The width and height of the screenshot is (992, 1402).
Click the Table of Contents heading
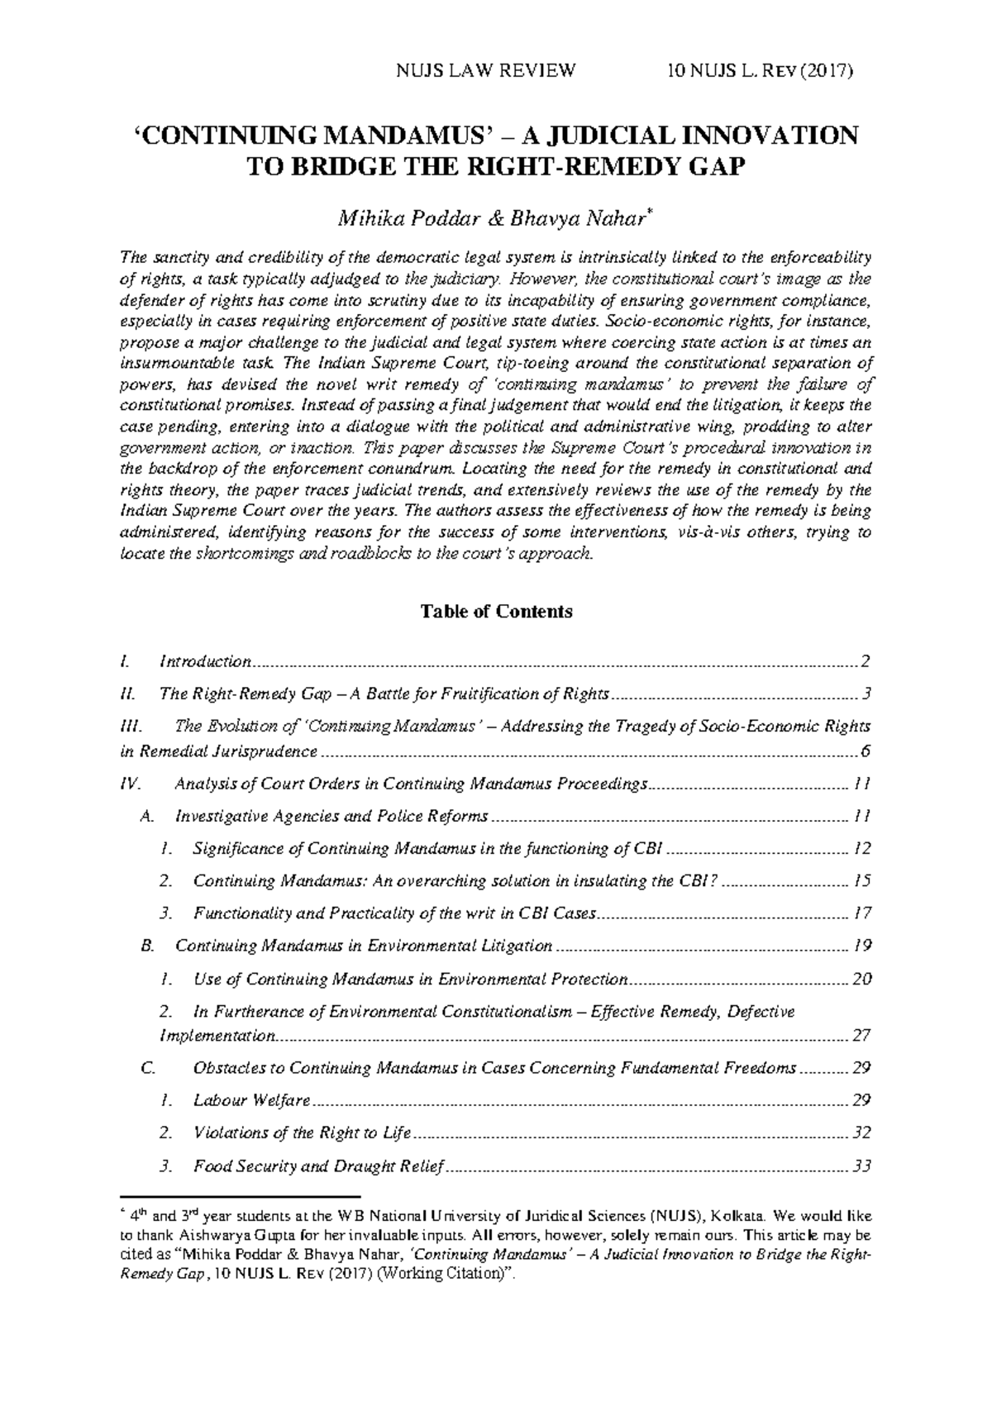click(x=496, y=612)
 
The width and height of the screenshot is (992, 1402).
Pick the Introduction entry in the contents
click(x=205, y=661)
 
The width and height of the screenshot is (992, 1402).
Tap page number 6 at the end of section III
click(x=866, y=751)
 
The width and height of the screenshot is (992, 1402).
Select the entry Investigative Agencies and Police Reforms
click(x=331, y=817)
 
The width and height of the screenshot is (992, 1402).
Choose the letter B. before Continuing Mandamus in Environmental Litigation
click(x=148, y=946)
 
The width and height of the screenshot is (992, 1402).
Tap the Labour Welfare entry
click(x=251, y=1100)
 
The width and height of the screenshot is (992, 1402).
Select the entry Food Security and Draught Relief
click(x=318, y=1166)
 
